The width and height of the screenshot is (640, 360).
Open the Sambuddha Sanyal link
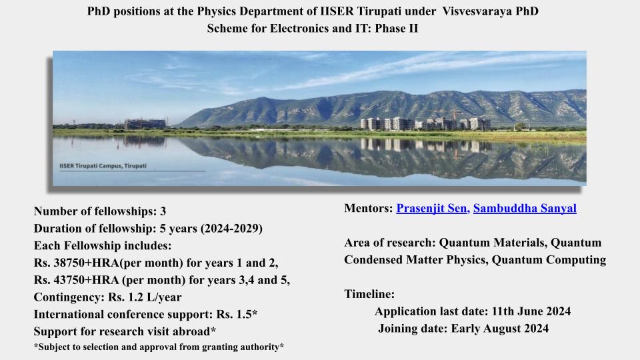click(525, 209)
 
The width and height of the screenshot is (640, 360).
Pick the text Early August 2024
click(499, 328)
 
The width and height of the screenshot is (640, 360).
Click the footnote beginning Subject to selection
click(159, 347)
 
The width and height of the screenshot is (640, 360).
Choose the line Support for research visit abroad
click(125, 331)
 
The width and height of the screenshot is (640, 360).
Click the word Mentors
click(368, 209)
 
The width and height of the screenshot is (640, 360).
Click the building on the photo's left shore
click(145, 124)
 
